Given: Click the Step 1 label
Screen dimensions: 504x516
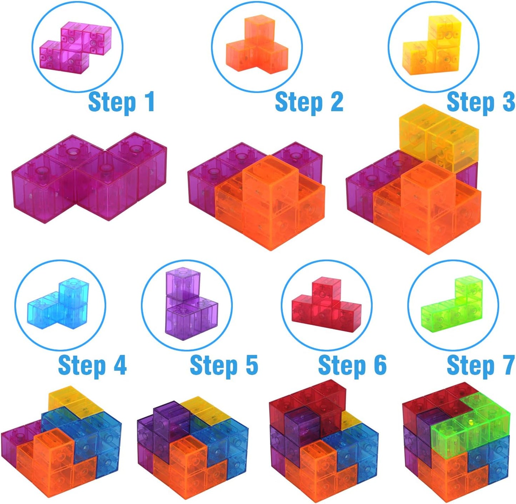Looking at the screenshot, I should [121, 102].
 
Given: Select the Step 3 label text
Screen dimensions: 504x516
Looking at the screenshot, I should [480, 102].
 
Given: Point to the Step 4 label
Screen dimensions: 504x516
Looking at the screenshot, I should [92, 366].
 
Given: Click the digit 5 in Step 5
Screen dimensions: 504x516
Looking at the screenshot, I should [252, 366].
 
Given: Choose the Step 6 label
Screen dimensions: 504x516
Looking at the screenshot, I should [352, 366].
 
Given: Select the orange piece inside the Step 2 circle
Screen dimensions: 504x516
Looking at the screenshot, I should [256, 46].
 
